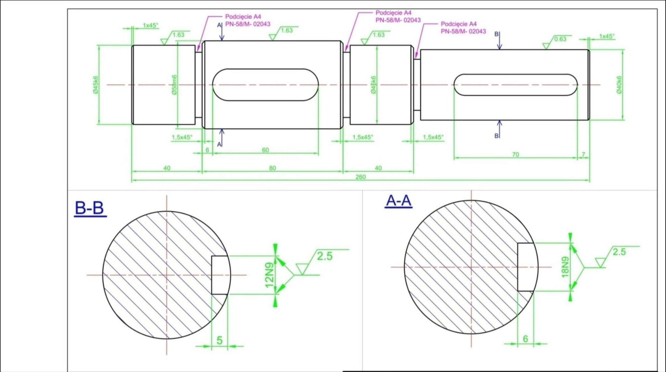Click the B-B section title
coord(89,208)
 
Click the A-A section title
coord(399,201)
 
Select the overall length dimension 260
coord(361,177)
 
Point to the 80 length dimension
coord(273,168)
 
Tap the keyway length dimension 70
coord(515,154)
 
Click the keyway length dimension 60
coord(265,150)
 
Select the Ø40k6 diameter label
coord(619,85)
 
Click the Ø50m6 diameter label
coord(175,84)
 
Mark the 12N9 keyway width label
coord(269,275)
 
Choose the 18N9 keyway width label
coord(565,267)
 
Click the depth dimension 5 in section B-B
coord(220,340)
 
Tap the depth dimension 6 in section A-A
coord(526,339)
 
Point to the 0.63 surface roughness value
coord(560,39)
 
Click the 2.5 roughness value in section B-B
coord(325,256)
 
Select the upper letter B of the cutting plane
coord(496,34)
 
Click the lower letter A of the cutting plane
coord(219,144)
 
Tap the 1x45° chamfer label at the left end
coord(151,25)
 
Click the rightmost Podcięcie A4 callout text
coord(459,24)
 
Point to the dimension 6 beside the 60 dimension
coord(207,150)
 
